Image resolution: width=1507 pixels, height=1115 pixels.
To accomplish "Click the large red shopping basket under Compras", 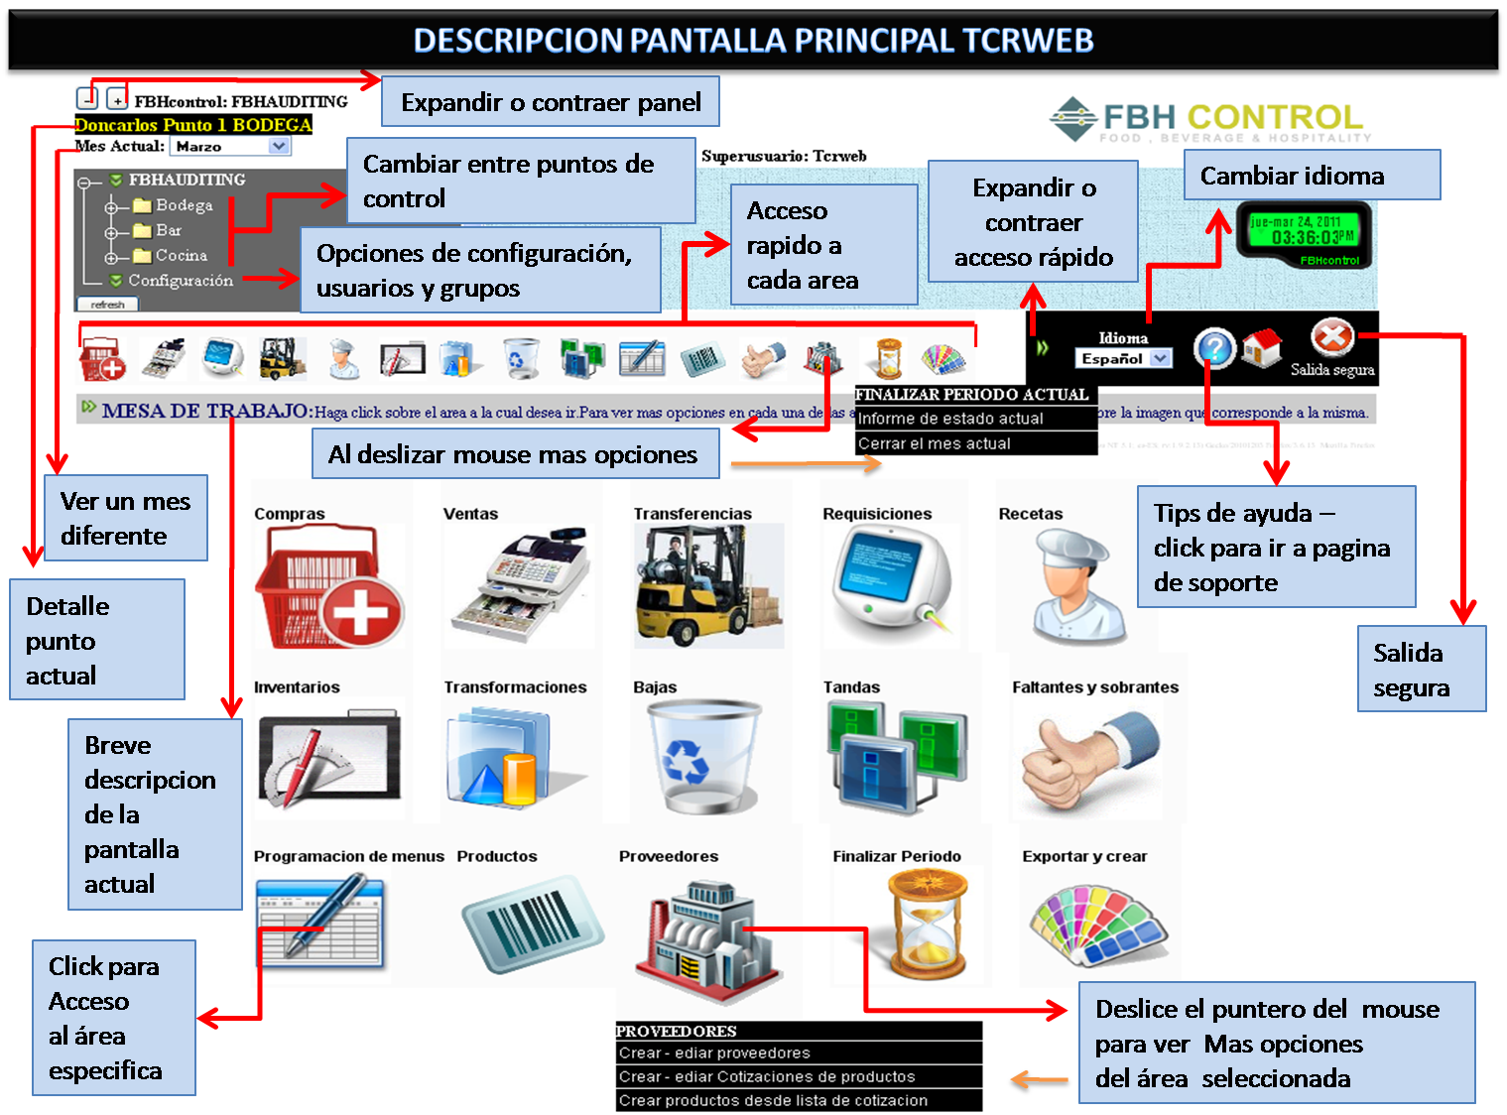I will pyautogui.click(x=327, y=585).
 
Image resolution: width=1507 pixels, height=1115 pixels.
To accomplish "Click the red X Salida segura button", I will pyautogui.click(x=1331, y=338).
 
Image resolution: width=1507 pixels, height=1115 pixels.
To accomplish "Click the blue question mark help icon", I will pyautogui.click(x=1214, y=348).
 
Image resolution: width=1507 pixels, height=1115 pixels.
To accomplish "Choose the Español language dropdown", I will pyautogui.click(x=1123, y=358).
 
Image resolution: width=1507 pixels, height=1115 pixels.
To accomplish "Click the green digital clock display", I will pyautogui.click(x=1304, y=235).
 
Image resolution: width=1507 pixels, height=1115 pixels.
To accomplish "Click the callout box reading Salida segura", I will pyautogui.click(x=1421, y=670).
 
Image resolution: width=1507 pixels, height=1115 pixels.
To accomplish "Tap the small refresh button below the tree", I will pyautogui.click(x=108, y=305).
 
